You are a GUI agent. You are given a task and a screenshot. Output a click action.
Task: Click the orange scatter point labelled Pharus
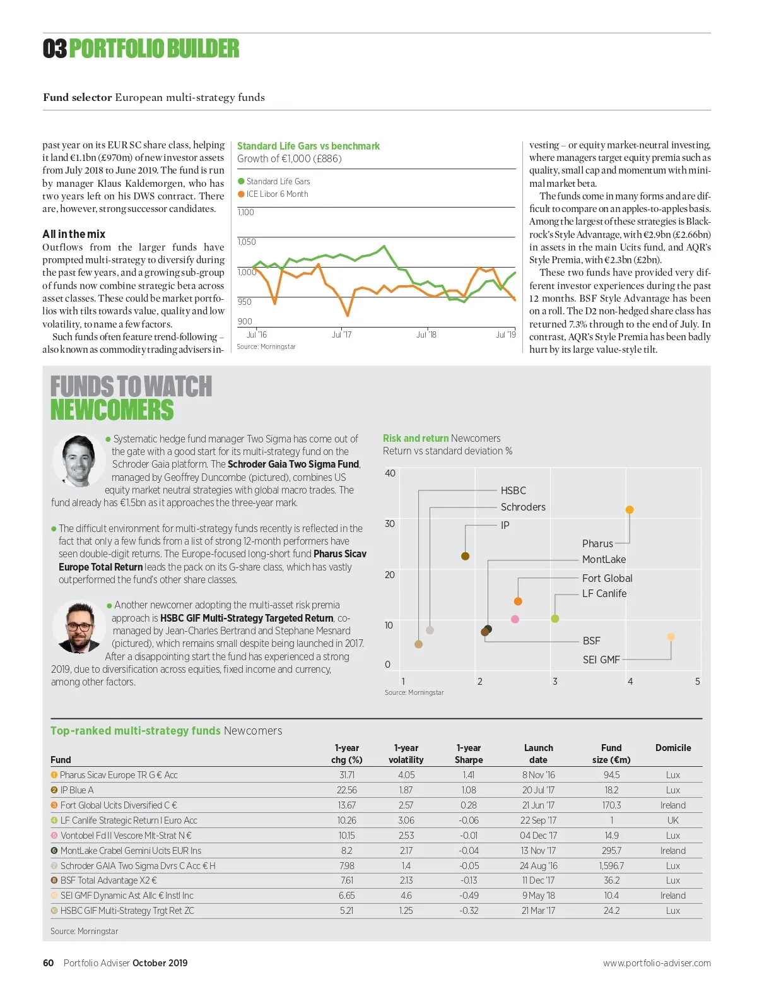tap(629, 510)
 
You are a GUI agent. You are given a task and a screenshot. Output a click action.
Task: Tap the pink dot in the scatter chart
tap(515, 619)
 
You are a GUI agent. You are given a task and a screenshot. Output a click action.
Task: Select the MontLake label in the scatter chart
tap(604, 560)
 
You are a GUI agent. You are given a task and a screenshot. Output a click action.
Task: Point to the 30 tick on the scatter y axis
tap(390, 524)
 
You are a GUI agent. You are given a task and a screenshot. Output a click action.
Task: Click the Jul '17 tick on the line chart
tap(342, 335)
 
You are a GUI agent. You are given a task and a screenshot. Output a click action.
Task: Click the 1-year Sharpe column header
tap(469, 754)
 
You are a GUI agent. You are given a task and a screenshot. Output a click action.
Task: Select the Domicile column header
tap(673, 748)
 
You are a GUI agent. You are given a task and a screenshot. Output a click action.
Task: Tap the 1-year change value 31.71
tap(347, 775)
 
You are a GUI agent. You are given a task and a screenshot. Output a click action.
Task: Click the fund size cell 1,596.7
tap(611, 866)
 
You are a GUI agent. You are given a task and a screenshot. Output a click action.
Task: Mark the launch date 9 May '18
tap(538, 896)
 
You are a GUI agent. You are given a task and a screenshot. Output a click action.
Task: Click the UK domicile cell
tap(673, 820)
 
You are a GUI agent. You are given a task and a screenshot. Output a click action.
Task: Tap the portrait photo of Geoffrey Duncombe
tap(78, 461)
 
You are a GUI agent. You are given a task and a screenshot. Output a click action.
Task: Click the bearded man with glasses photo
tap(78, 626)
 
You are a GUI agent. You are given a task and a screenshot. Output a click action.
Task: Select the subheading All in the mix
tap(74, 234)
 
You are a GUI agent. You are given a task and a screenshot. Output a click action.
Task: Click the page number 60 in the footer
tap(48, 963)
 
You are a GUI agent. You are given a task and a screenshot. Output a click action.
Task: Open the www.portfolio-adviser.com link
tap(657, 963)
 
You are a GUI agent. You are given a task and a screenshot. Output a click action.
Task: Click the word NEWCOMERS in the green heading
tap(112, 410)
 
